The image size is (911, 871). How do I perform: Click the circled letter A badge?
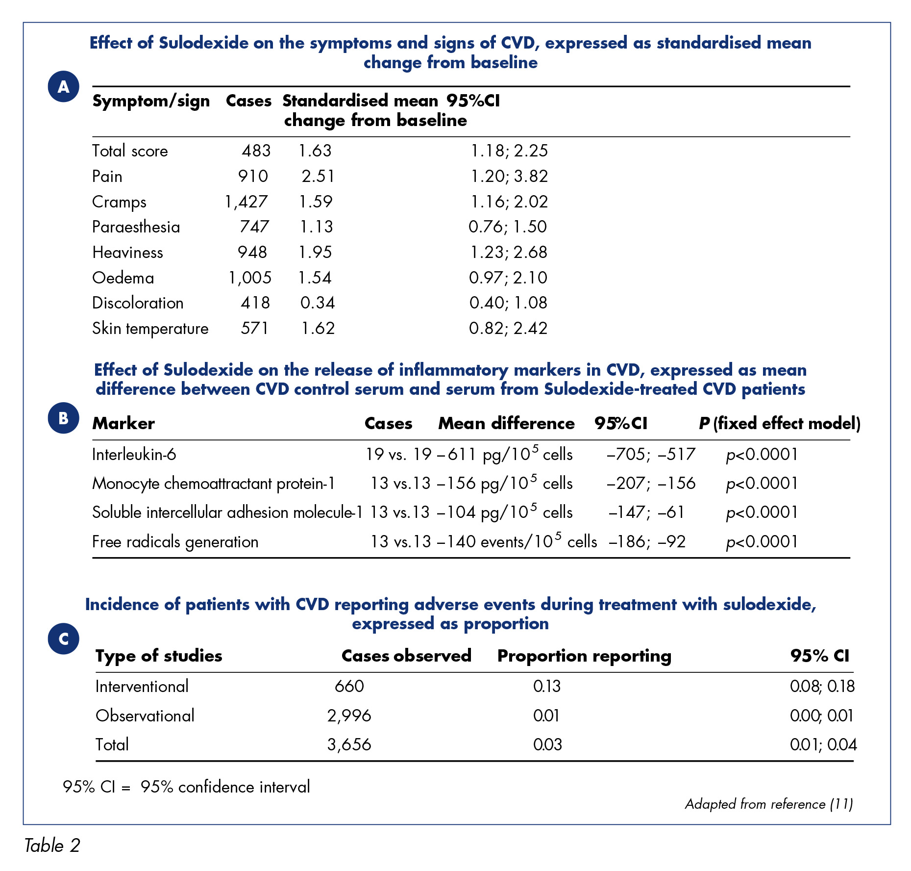63,86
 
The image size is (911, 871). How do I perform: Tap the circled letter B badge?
63,418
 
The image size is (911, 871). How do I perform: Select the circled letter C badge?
63,639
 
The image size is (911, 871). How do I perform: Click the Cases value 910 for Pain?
253,176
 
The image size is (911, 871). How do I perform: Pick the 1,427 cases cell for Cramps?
246,202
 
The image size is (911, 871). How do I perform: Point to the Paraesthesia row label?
136,227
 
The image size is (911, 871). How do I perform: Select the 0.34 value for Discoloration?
318,303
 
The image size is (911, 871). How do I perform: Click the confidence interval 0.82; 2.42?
508,328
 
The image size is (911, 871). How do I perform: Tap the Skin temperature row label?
150,328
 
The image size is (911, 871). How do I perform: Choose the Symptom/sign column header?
151,101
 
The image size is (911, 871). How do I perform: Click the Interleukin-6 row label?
134,455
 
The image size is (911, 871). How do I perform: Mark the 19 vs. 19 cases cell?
398,454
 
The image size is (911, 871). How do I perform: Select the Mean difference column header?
506,423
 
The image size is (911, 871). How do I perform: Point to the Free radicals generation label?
175,542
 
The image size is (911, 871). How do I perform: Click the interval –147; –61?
646,512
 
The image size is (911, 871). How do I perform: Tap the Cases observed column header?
406,656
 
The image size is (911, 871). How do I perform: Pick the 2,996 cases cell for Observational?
349,716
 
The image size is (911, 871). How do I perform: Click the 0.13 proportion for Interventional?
547,686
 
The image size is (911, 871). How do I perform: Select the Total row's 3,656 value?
349,744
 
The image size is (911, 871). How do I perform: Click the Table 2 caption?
52,845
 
